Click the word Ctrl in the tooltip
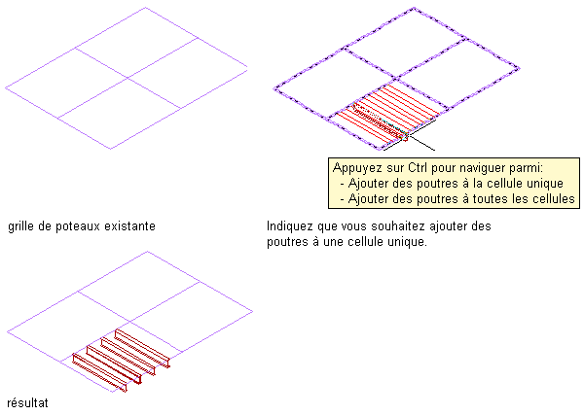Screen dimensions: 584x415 [x=418, y=167]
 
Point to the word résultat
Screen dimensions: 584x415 [x=27, y=402]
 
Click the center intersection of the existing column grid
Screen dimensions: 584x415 [x=128, y=78]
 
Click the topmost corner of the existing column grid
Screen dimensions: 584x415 [x=146, y=8]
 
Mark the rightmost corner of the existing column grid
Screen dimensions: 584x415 [x=247, y=68]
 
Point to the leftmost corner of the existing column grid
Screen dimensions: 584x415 [x=5, y=88]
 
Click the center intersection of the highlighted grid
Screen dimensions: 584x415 [x=396, y=79]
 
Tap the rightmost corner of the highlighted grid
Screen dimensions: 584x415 [x=518, y=68]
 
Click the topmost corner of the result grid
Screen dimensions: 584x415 [x=148, y=252]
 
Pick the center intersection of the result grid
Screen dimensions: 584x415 [x=130, y=322]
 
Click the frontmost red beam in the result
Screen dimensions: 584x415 [x=99, y=372]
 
